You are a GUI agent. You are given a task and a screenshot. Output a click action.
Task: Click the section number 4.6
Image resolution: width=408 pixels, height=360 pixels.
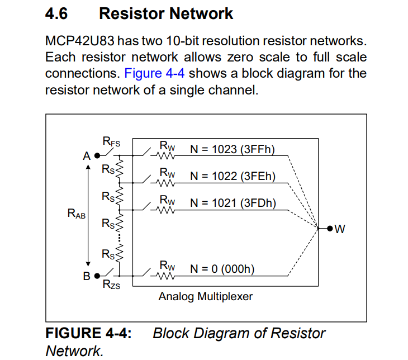pyautogui.click(x=56, y=14)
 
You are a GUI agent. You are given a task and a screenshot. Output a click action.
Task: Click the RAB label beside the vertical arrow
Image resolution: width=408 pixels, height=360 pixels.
pyautogui.click(x=77, y=213)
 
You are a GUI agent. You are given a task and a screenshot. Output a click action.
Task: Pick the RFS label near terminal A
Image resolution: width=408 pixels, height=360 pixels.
pyautogui.click(x=111, y=143)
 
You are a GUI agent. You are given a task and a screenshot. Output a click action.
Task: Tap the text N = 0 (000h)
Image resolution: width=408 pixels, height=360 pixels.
pyautogui.click(x=222, y=268)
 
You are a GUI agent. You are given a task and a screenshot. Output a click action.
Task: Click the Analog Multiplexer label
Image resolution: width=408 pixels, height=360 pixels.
pyautogui.click(x=205, y=296)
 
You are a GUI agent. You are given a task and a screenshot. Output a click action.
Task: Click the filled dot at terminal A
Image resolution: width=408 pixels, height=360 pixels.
pyautogui.click(x=97, y=156)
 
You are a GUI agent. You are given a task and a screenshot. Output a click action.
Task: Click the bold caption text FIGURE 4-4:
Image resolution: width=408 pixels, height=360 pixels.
pyautogui.click(x=88, y=334)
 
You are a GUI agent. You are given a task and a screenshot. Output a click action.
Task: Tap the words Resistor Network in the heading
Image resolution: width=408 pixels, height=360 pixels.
pyautogui.click(x=166, y=14)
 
